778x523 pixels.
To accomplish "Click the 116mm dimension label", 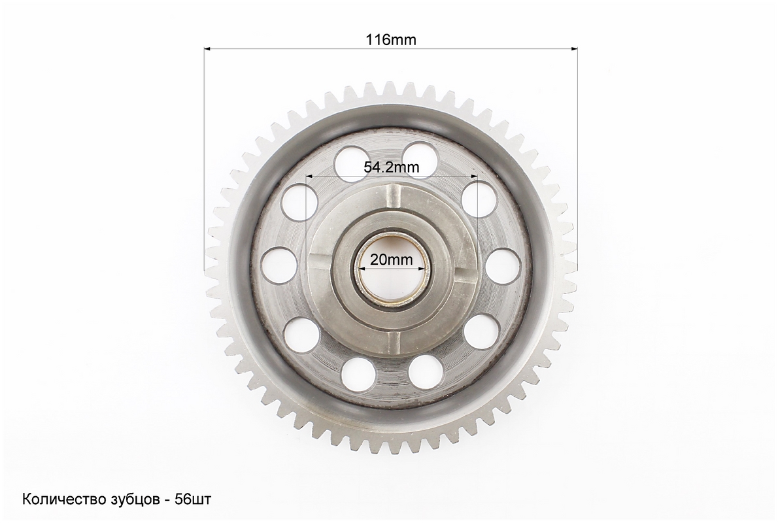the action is (x=391, y=40).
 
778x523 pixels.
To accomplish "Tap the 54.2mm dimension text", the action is (x=391, y=167).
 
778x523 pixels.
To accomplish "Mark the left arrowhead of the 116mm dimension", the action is (x=208, y=48).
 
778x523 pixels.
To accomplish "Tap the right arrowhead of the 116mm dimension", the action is (x=574, y=48).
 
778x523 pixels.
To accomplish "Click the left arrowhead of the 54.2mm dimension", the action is (x=311, y=175).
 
